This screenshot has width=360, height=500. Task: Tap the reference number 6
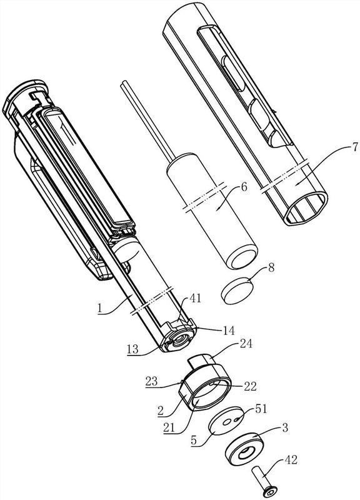[244, 187]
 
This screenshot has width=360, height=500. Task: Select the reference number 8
[271, 267]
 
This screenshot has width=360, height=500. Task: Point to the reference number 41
[194, 299]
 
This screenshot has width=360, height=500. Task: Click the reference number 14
[229, 331]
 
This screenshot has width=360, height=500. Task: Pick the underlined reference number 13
[132, 349]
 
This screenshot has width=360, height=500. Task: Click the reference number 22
[250, 386]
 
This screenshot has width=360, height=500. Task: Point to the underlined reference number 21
[169, 427]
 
